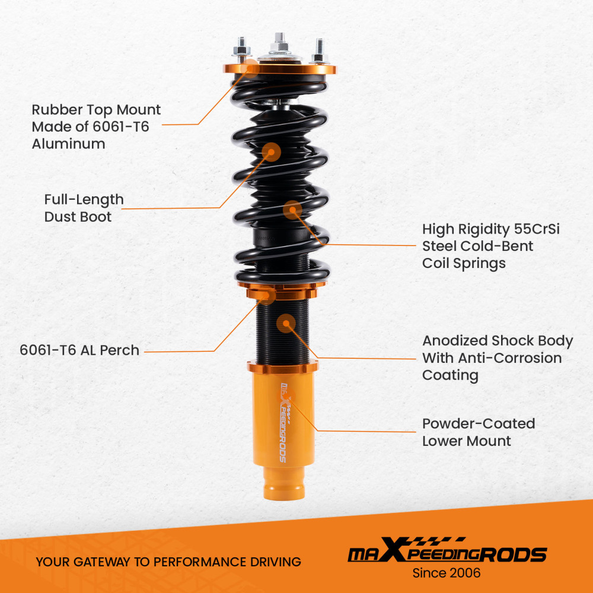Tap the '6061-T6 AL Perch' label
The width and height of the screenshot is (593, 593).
[79, 350]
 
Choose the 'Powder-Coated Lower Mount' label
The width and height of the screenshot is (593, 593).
[478, 432]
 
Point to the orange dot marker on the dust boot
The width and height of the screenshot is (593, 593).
[272, 152]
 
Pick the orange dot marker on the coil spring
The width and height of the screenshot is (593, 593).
[292, 209]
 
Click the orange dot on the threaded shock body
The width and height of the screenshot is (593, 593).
[286, 323]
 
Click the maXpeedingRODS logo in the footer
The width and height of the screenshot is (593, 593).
[447, 553]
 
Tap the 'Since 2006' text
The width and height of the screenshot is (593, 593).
[446, 573]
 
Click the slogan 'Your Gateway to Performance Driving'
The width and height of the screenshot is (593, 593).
[168, 562]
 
